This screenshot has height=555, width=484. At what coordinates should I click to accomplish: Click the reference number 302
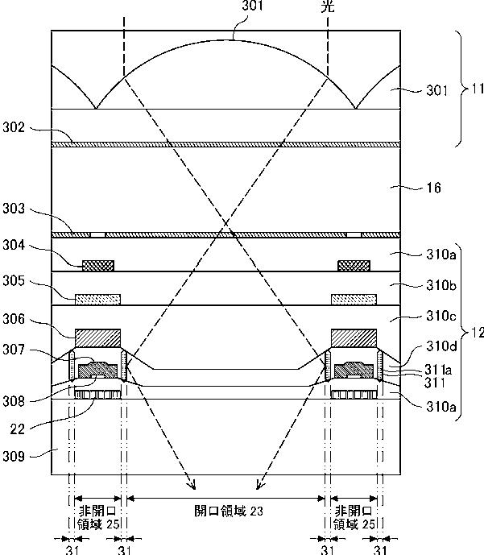[14, 127]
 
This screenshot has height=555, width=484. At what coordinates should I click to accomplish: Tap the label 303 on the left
[14, 209]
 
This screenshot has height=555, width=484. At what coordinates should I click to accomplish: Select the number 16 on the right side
[434, 188]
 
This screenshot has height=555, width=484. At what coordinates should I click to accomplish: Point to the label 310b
[441, 285]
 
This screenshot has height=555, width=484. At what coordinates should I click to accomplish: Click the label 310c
[441, 316]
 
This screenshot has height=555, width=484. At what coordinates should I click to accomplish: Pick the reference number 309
[14, 456]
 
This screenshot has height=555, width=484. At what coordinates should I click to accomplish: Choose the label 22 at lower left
[18, 429]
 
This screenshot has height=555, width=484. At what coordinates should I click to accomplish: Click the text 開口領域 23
[229, 512]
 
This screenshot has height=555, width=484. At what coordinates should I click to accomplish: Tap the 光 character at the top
[328, 6]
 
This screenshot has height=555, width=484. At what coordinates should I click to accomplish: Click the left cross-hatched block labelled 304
[98, 266]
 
